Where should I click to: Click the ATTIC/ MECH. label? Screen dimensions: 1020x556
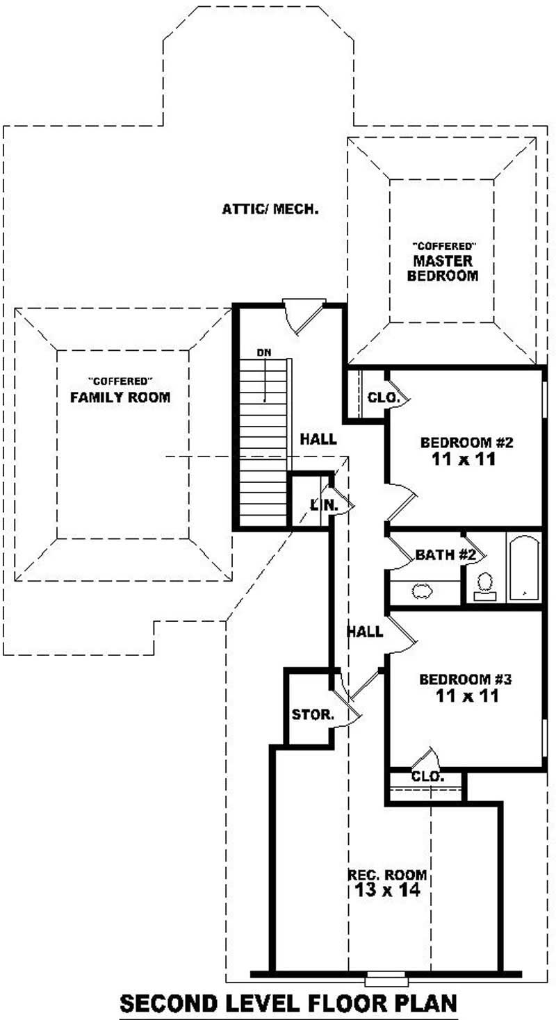click(270, 208)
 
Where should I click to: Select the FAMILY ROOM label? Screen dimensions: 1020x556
click(120, 397)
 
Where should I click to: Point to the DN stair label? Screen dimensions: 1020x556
click(263, 353)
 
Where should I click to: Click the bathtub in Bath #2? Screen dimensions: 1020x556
click(524, 568)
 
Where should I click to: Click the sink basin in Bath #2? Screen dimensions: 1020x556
click(422, 591)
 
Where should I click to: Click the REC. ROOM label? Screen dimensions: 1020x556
click(387, 875)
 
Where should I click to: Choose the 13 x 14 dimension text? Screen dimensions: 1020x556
click(387, 891)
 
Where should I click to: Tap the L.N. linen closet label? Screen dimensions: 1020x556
click(324, 505)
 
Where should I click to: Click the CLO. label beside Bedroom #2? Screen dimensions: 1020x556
click(383, 398)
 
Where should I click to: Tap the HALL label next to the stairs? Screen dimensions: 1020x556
click(318, 439)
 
